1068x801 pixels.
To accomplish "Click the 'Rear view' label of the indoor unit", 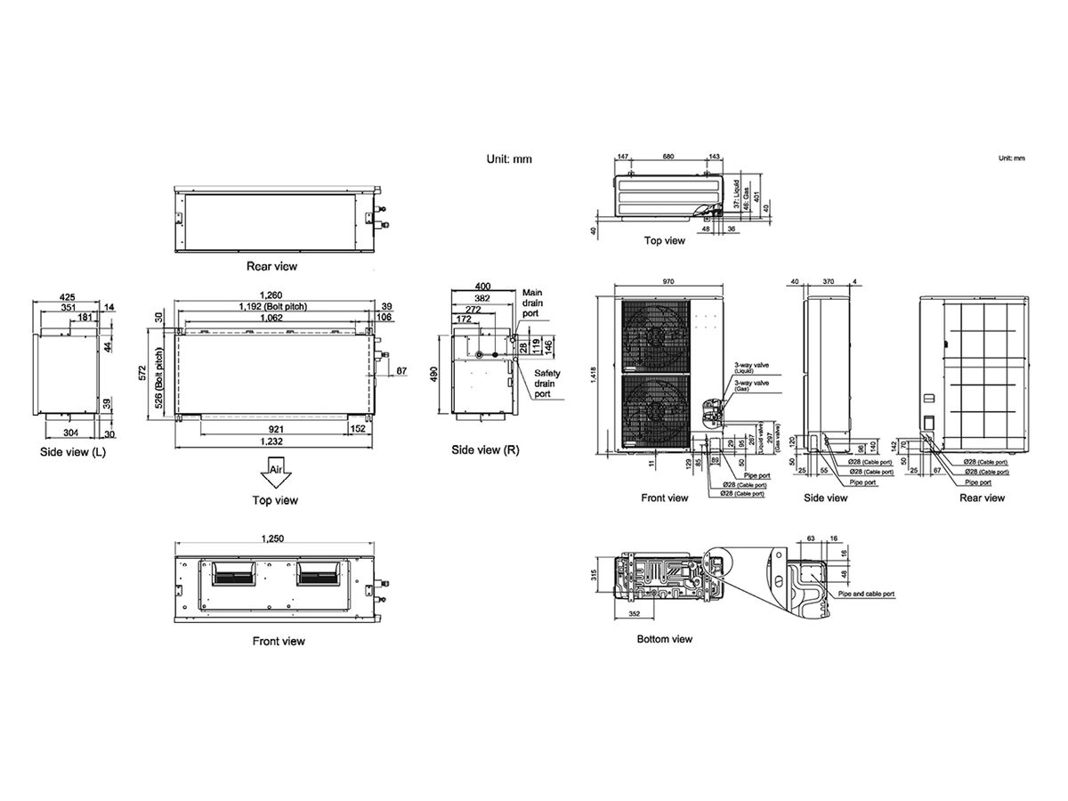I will click(272, 266).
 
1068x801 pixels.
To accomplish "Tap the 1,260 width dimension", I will click(271, 296).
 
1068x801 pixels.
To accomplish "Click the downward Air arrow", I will click(274, 472).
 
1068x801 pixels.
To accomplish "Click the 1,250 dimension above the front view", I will click(273, 538).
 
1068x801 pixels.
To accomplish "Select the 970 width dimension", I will click(667, 282).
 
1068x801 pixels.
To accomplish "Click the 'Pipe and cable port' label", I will click(866, 594).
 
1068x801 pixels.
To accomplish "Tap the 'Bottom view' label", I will click(664, 639).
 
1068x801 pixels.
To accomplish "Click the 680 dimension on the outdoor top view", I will click(667, 157).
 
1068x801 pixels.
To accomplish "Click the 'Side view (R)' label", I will click(485, 450).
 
